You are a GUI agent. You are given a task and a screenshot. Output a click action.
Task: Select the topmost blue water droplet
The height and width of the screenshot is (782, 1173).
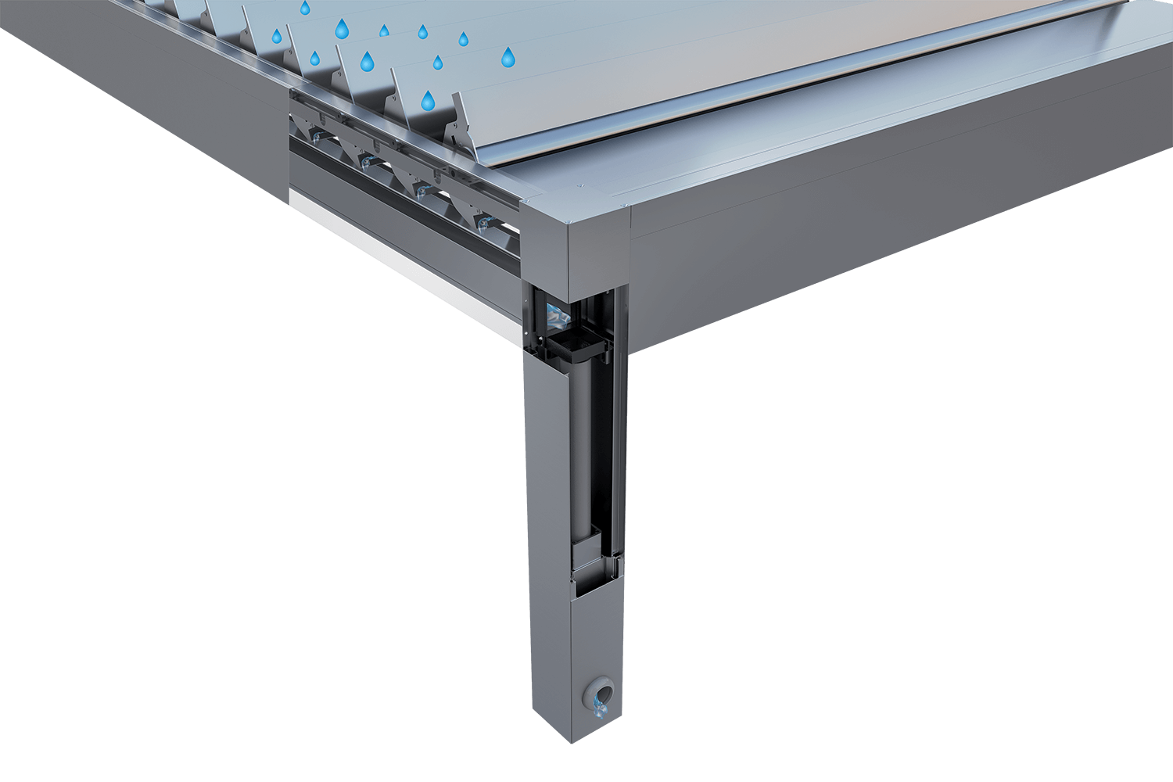pos(305,8)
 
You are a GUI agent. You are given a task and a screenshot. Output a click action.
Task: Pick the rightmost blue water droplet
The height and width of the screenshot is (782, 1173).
pos(508,56)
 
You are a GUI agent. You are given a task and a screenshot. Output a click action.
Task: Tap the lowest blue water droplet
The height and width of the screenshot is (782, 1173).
pos(428,100)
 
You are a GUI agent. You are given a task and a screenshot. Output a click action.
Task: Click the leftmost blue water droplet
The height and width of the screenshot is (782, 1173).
pos(276,36)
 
